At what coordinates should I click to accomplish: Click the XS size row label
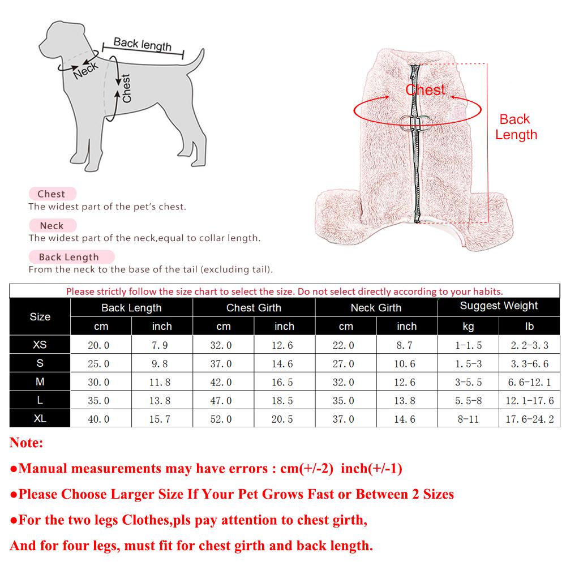tap(40, 345)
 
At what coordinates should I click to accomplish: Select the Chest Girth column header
tap(254, 308)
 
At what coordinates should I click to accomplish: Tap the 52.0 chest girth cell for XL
tap(224, 419)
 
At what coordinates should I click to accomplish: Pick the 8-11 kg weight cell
tap(468, 419)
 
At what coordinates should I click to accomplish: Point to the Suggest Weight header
tap(499, 306)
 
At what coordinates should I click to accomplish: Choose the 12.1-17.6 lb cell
tap(530, 401)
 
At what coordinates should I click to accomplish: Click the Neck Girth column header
tap(376, 308)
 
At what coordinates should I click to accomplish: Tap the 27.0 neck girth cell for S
tap(346, 363)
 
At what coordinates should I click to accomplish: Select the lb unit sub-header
tap(530, 327)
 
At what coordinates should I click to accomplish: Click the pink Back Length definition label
tap(68, 257)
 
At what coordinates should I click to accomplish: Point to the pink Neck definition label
tap(52, 225)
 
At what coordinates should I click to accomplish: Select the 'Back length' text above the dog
tap(142, 44)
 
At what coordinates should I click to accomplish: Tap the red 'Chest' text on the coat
tap(426, 90)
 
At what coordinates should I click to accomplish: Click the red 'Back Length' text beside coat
tap(515, 127)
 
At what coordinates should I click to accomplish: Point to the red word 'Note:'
tap(26, 443)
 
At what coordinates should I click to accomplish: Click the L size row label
tap(40, 400)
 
